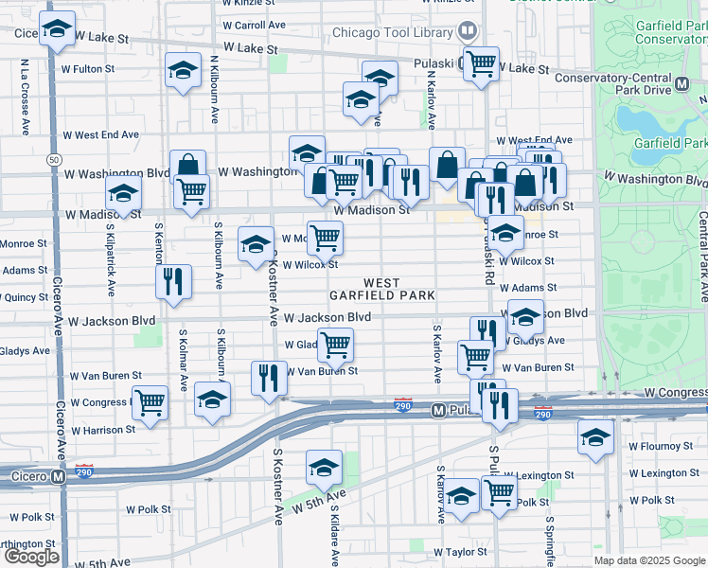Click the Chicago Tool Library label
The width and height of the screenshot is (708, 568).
click(392, 32)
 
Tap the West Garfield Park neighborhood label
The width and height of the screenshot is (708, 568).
click(381, 289)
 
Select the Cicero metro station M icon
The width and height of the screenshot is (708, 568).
click(59, 476)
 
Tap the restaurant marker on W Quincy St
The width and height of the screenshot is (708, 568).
click(173, 281)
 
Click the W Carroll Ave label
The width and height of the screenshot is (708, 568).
click(254, 25)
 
